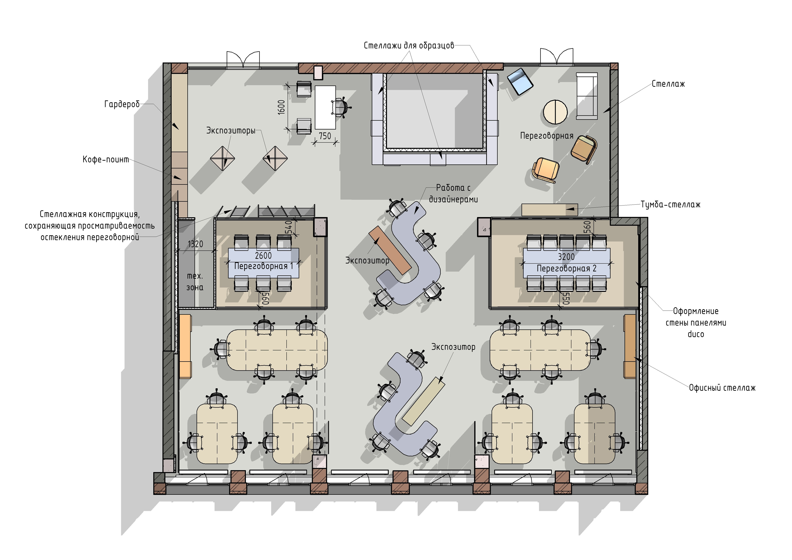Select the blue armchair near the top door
click(520, 81)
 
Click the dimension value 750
click(325, 136)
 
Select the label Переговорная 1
click(264, 266)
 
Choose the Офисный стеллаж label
click(722, 388)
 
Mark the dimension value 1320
click(195, 244)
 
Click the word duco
click(696, 334)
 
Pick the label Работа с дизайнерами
click(453, 193)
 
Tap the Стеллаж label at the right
click(668, 84)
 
